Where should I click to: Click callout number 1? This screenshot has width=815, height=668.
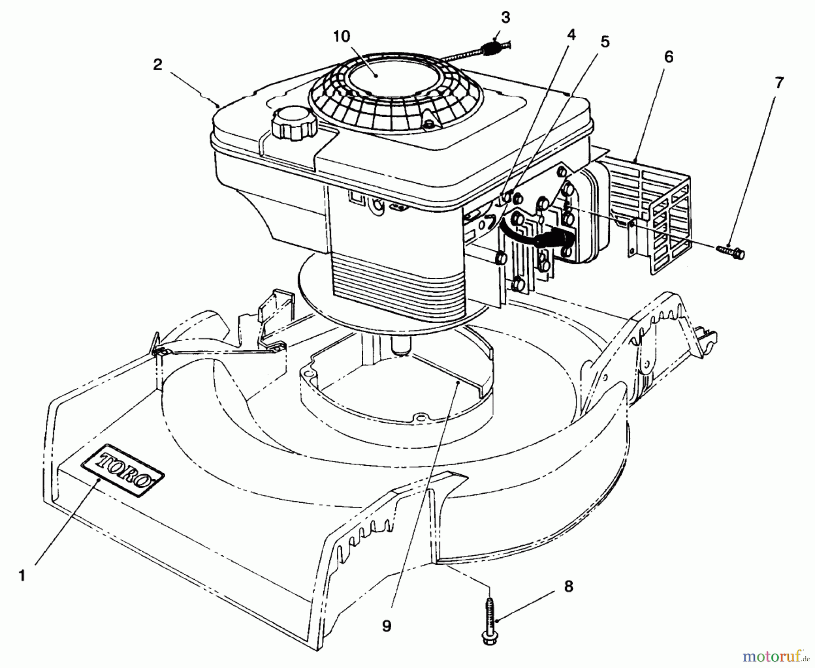click(x=21, y=575)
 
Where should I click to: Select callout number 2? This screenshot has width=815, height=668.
click(x=158, y=65)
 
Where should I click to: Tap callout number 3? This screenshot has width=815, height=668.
click(x=506, y=18)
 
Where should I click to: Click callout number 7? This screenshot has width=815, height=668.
click(x=779, y=83)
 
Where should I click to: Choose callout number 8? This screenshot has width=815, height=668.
click(x=569, y=587)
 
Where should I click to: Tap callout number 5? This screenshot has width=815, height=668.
click(x=605, y=42)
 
